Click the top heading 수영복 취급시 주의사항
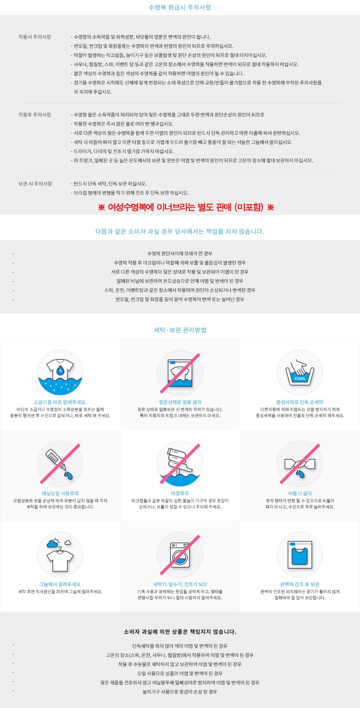point(180,7)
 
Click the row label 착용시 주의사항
point(35,37)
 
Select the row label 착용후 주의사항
point(35,114)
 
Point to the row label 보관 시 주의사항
point(35,184)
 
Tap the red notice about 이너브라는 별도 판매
point(186,207)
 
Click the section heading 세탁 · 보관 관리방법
point(180,330)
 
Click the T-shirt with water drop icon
point(60,373)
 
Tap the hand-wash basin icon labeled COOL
point(300,373)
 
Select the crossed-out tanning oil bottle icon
point(60,464)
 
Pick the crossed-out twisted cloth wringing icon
point(300,464)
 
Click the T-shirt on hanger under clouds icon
point(60,555)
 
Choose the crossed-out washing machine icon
point(180,555)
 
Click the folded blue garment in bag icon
point(300,555)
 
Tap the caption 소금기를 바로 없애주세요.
point(60,402)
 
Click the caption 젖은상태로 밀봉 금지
point(180,402)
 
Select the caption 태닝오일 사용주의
point(60,493)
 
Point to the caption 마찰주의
point(180,493)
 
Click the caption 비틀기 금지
point(300,493)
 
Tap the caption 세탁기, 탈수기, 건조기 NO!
point(180,584)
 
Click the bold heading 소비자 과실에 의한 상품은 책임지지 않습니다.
point(180,632)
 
